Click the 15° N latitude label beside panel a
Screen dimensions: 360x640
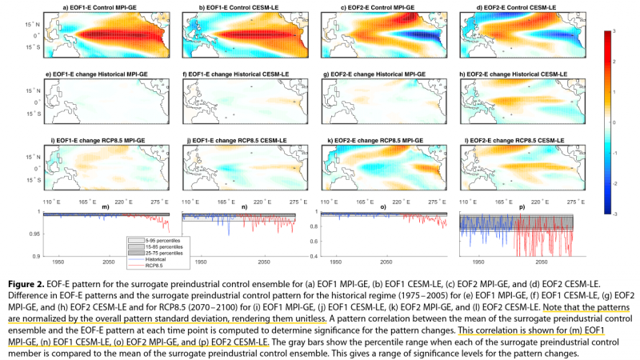pyautogui.click(x=29, y=23)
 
